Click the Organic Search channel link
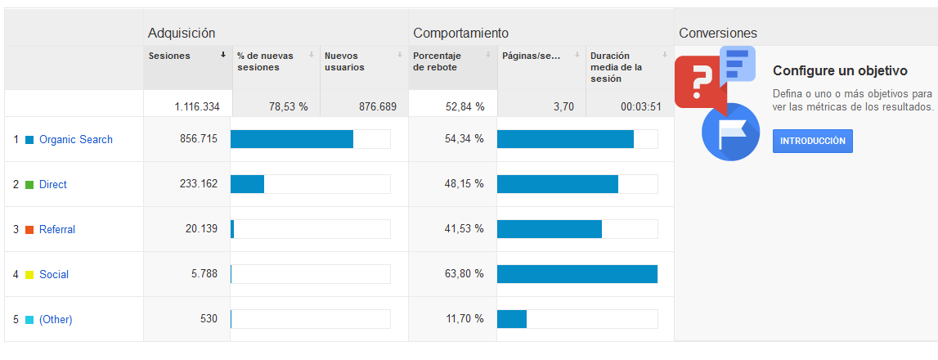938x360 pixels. (76, 139)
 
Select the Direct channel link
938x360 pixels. (53, 184)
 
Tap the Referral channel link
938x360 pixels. (57, 229)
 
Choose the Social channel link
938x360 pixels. (54, 274)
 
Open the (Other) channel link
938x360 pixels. (56, 319)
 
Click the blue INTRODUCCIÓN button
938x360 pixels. (813, 141)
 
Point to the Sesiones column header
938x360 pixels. (170, 56)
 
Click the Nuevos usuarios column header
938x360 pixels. (344, 61)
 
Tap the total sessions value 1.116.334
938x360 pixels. (197, 106)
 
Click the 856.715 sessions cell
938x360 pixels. (199, 139)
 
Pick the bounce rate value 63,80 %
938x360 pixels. (465, 274)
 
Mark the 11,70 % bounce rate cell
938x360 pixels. (465, 319)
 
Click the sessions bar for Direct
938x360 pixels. (248, 184)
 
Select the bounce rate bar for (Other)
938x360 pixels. (512, 319)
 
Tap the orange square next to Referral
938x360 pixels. (29, 230)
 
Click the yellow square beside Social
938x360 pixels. (29, 275)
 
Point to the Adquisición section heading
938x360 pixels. (182, 33)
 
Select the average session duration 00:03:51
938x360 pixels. (640, 106)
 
